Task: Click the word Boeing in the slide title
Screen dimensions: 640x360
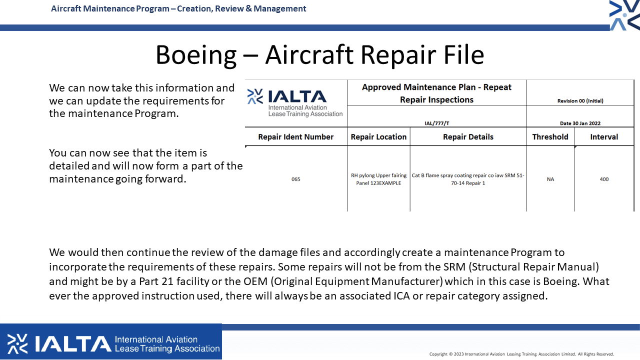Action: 196,55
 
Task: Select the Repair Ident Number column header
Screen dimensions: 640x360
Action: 295,137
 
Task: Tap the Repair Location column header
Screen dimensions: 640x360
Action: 378,137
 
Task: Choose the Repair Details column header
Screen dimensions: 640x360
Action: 468,137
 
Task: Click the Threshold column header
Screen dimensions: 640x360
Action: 550,137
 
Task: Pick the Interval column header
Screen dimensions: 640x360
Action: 604,137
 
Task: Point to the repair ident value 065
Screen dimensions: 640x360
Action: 295,179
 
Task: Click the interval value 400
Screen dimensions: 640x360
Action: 604,179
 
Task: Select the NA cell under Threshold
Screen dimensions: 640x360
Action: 550,179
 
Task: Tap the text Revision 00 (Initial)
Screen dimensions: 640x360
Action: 580,101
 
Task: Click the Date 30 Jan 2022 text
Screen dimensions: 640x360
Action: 580,123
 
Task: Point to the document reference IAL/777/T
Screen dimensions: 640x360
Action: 437,123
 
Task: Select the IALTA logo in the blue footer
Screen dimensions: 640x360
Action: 113,343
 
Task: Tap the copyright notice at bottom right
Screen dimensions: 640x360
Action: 521,354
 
